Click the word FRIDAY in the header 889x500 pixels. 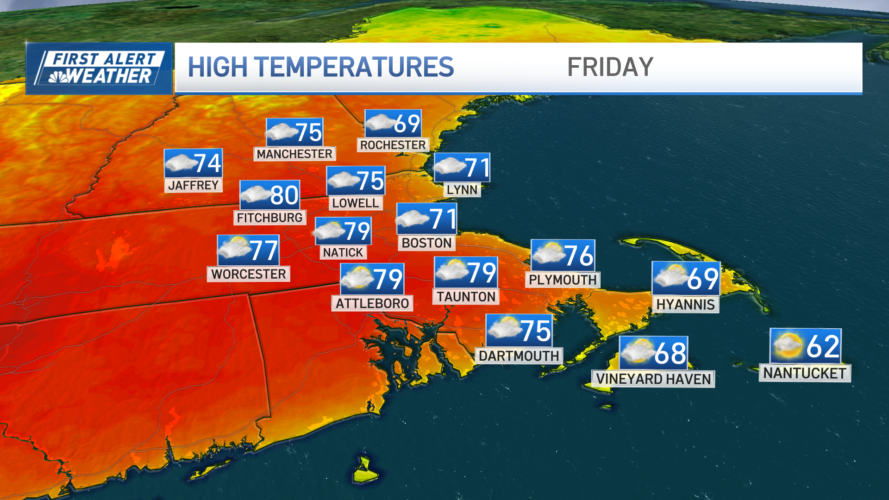coord(610,68)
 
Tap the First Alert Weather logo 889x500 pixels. coord(99,69)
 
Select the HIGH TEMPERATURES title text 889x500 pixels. coord(320,68)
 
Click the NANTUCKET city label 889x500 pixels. coord(804,373)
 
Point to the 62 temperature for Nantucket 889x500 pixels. coord(822,346)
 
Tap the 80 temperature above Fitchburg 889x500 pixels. coord(284,195)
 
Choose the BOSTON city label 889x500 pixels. coord(426,243)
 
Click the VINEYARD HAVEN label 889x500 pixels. coord(653,379)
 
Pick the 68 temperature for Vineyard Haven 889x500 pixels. coord(670,353)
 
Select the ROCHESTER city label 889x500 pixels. coord(393,145)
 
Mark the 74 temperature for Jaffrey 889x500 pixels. coord(207,163)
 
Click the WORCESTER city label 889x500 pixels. coord(249,274)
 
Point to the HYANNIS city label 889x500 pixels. coord(685,305)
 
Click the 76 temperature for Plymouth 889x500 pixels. coord(578,256)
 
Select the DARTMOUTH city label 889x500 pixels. coord(519,356)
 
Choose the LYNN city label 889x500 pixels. coord(462,190)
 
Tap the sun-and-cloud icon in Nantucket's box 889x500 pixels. coord(787,346)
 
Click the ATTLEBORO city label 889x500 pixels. coord(372,304)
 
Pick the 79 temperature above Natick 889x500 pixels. coord(357,231)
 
